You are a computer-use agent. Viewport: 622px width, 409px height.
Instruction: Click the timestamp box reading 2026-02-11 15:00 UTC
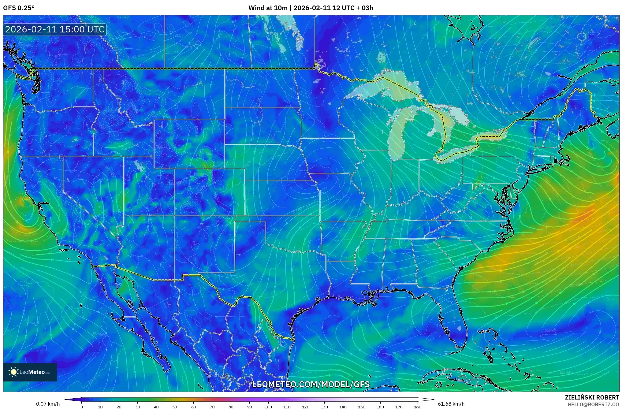pos(55,29)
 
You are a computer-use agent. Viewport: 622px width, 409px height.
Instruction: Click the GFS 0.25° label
pos(19,8)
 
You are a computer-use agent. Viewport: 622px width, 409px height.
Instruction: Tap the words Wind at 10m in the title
pos(267,8)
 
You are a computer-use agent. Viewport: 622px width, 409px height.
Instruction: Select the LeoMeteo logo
pos(30,372)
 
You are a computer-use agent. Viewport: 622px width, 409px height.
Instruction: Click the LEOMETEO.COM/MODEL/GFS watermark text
pos(311,384)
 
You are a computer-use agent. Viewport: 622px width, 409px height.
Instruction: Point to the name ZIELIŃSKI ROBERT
pos(592,397)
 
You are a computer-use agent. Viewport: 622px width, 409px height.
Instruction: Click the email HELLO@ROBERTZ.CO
pos(593,404)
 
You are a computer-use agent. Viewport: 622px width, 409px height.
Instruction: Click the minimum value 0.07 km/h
pos(48,404)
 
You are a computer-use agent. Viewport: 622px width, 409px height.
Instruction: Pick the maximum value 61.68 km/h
pos(451,404)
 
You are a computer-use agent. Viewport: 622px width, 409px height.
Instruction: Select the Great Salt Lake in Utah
pos(140,166)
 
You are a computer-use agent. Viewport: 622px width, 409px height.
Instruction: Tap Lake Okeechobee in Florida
pos(459,329)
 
